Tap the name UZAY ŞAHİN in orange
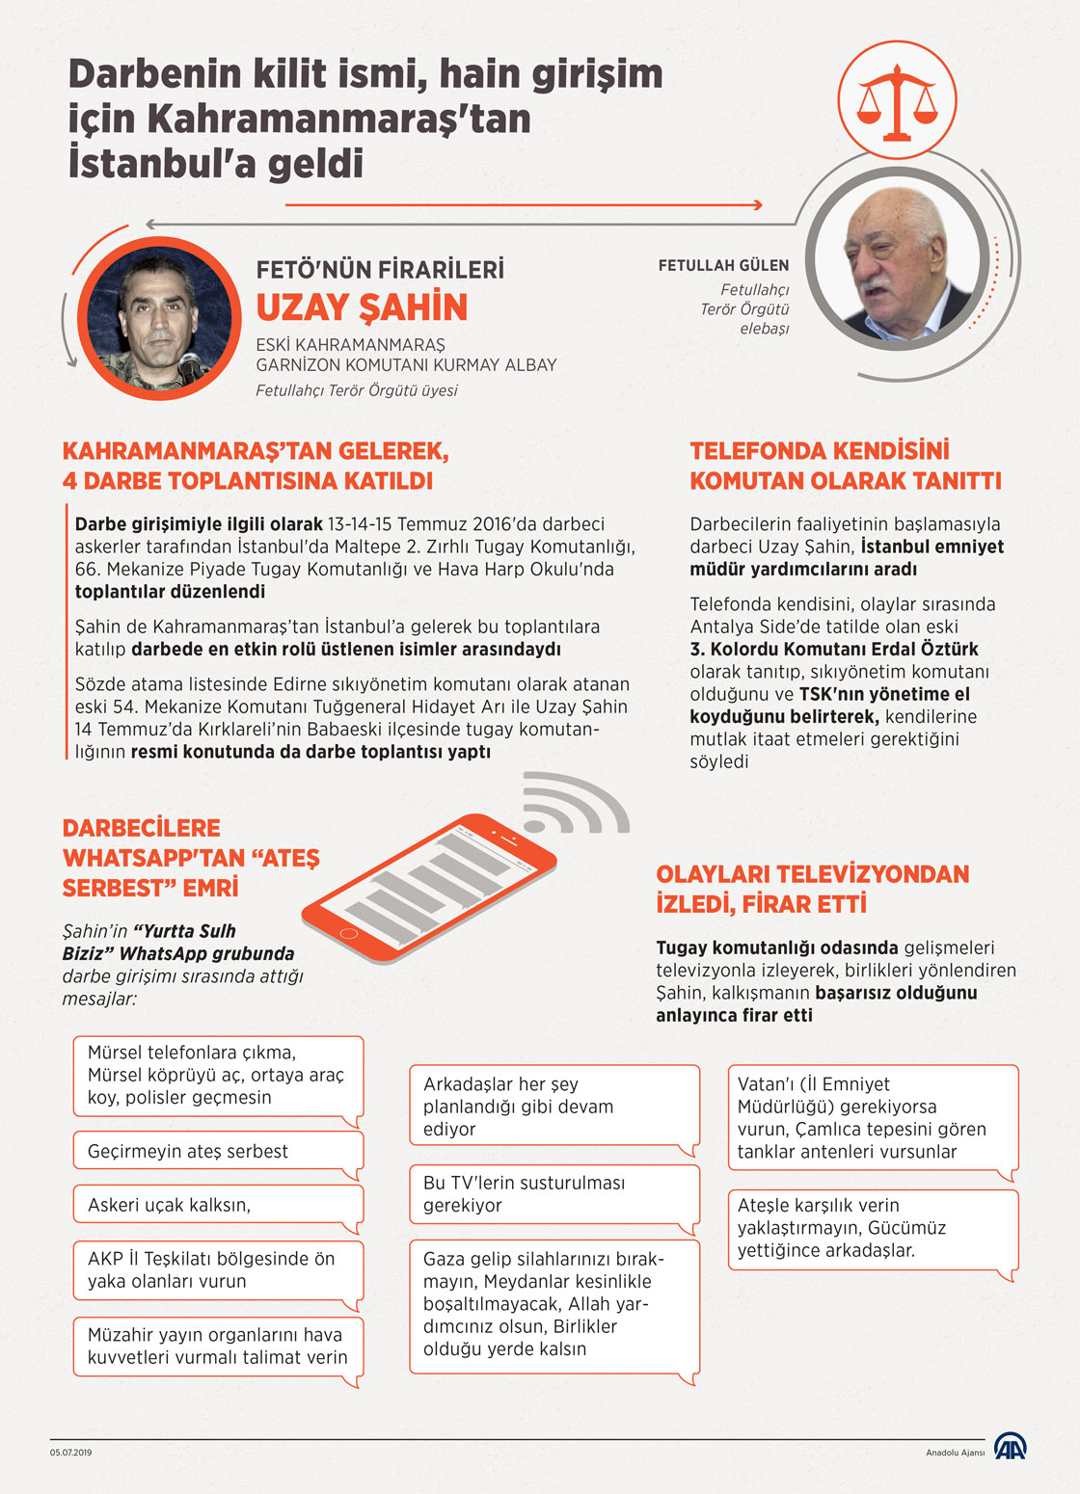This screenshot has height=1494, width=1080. click(x=362, y=307)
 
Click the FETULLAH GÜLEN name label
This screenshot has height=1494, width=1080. click(x=723, y=265)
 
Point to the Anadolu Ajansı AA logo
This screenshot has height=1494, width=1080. click(x=1011, y=1447)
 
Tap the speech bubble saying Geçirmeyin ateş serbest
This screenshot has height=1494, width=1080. click(x=218, y=1152)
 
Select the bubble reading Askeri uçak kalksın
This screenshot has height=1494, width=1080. click(x=218, y=1206)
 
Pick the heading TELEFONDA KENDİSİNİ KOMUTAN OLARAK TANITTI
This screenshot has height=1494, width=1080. click(x=846, y=466)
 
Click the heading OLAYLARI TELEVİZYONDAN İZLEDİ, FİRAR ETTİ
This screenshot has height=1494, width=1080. click(x=812, y=889)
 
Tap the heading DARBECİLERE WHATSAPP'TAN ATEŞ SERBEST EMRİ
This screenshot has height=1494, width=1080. click(x=190, y=858)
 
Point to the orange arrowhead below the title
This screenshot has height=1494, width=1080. click(x=757, y=204)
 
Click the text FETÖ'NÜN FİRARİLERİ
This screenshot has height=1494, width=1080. click(x=380, y=270)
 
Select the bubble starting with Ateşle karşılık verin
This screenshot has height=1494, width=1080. click(x=872, y=1229)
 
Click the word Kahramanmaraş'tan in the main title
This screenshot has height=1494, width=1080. click(x=338, y=120)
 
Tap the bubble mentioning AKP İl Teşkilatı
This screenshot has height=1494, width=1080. click(x=218, y=1270)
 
